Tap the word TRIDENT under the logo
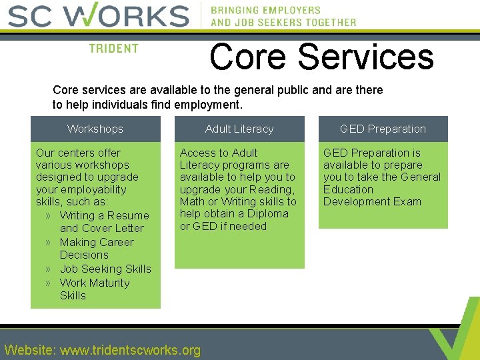tap(114, 49)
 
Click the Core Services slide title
tap(321, 57)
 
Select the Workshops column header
tap(95, 129)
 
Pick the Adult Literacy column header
tap(239, 129)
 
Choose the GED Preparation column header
tap(383, 129)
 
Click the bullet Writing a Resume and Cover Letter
tap(103, 222)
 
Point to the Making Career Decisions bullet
tap(96, 249)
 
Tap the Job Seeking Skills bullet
tap(105, 269)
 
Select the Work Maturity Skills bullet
tap(94, 289)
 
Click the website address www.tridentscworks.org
tap(130, 350)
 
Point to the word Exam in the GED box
tap(407, 201)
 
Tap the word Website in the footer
tap(29, 350)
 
